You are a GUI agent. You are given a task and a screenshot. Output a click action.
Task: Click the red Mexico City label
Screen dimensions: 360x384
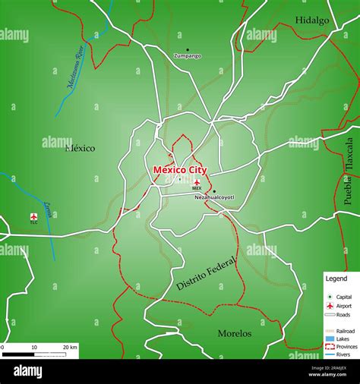180,170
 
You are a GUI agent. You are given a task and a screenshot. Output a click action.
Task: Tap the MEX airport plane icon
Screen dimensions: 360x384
197,182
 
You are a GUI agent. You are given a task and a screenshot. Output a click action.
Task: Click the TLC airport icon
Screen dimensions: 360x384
33,216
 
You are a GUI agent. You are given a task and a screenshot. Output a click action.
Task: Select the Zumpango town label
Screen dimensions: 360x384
188,55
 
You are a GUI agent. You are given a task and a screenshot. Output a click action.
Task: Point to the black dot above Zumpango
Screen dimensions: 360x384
188,49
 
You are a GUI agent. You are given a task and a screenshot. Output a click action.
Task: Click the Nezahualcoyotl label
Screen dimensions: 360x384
215,197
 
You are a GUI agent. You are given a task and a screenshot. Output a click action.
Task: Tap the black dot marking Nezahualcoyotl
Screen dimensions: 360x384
214,191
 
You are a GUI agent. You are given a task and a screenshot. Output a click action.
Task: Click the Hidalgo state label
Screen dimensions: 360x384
312,20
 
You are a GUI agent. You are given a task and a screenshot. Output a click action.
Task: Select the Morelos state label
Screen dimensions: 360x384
234,333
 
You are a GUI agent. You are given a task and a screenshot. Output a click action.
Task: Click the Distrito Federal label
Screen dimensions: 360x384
207,273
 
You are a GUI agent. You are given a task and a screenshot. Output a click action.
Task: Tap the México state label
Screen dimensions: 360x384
81,148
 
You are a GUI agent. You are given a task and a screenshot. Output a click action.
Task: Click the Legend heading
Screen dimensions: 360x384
336,279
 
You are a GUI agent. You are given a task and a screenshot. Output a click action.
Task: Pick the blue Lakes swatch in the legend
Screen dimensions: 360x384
330,339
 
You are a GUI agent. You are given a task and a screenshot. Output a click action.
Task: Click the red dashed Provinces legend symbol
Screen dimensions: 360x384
330,346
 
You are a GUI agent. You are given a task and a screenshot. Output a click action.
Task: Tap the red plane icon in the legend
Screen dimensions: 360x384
330,305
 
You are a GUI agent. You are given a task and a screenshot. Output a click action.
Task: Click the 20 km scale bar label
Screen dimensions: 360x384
70,347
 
